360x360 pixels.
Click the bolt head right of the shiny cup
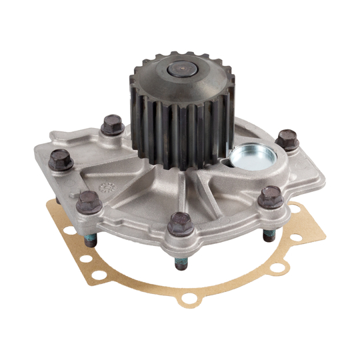tap(288, 139)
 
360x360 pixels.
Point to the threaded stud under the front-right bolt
tap(269, 235)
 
